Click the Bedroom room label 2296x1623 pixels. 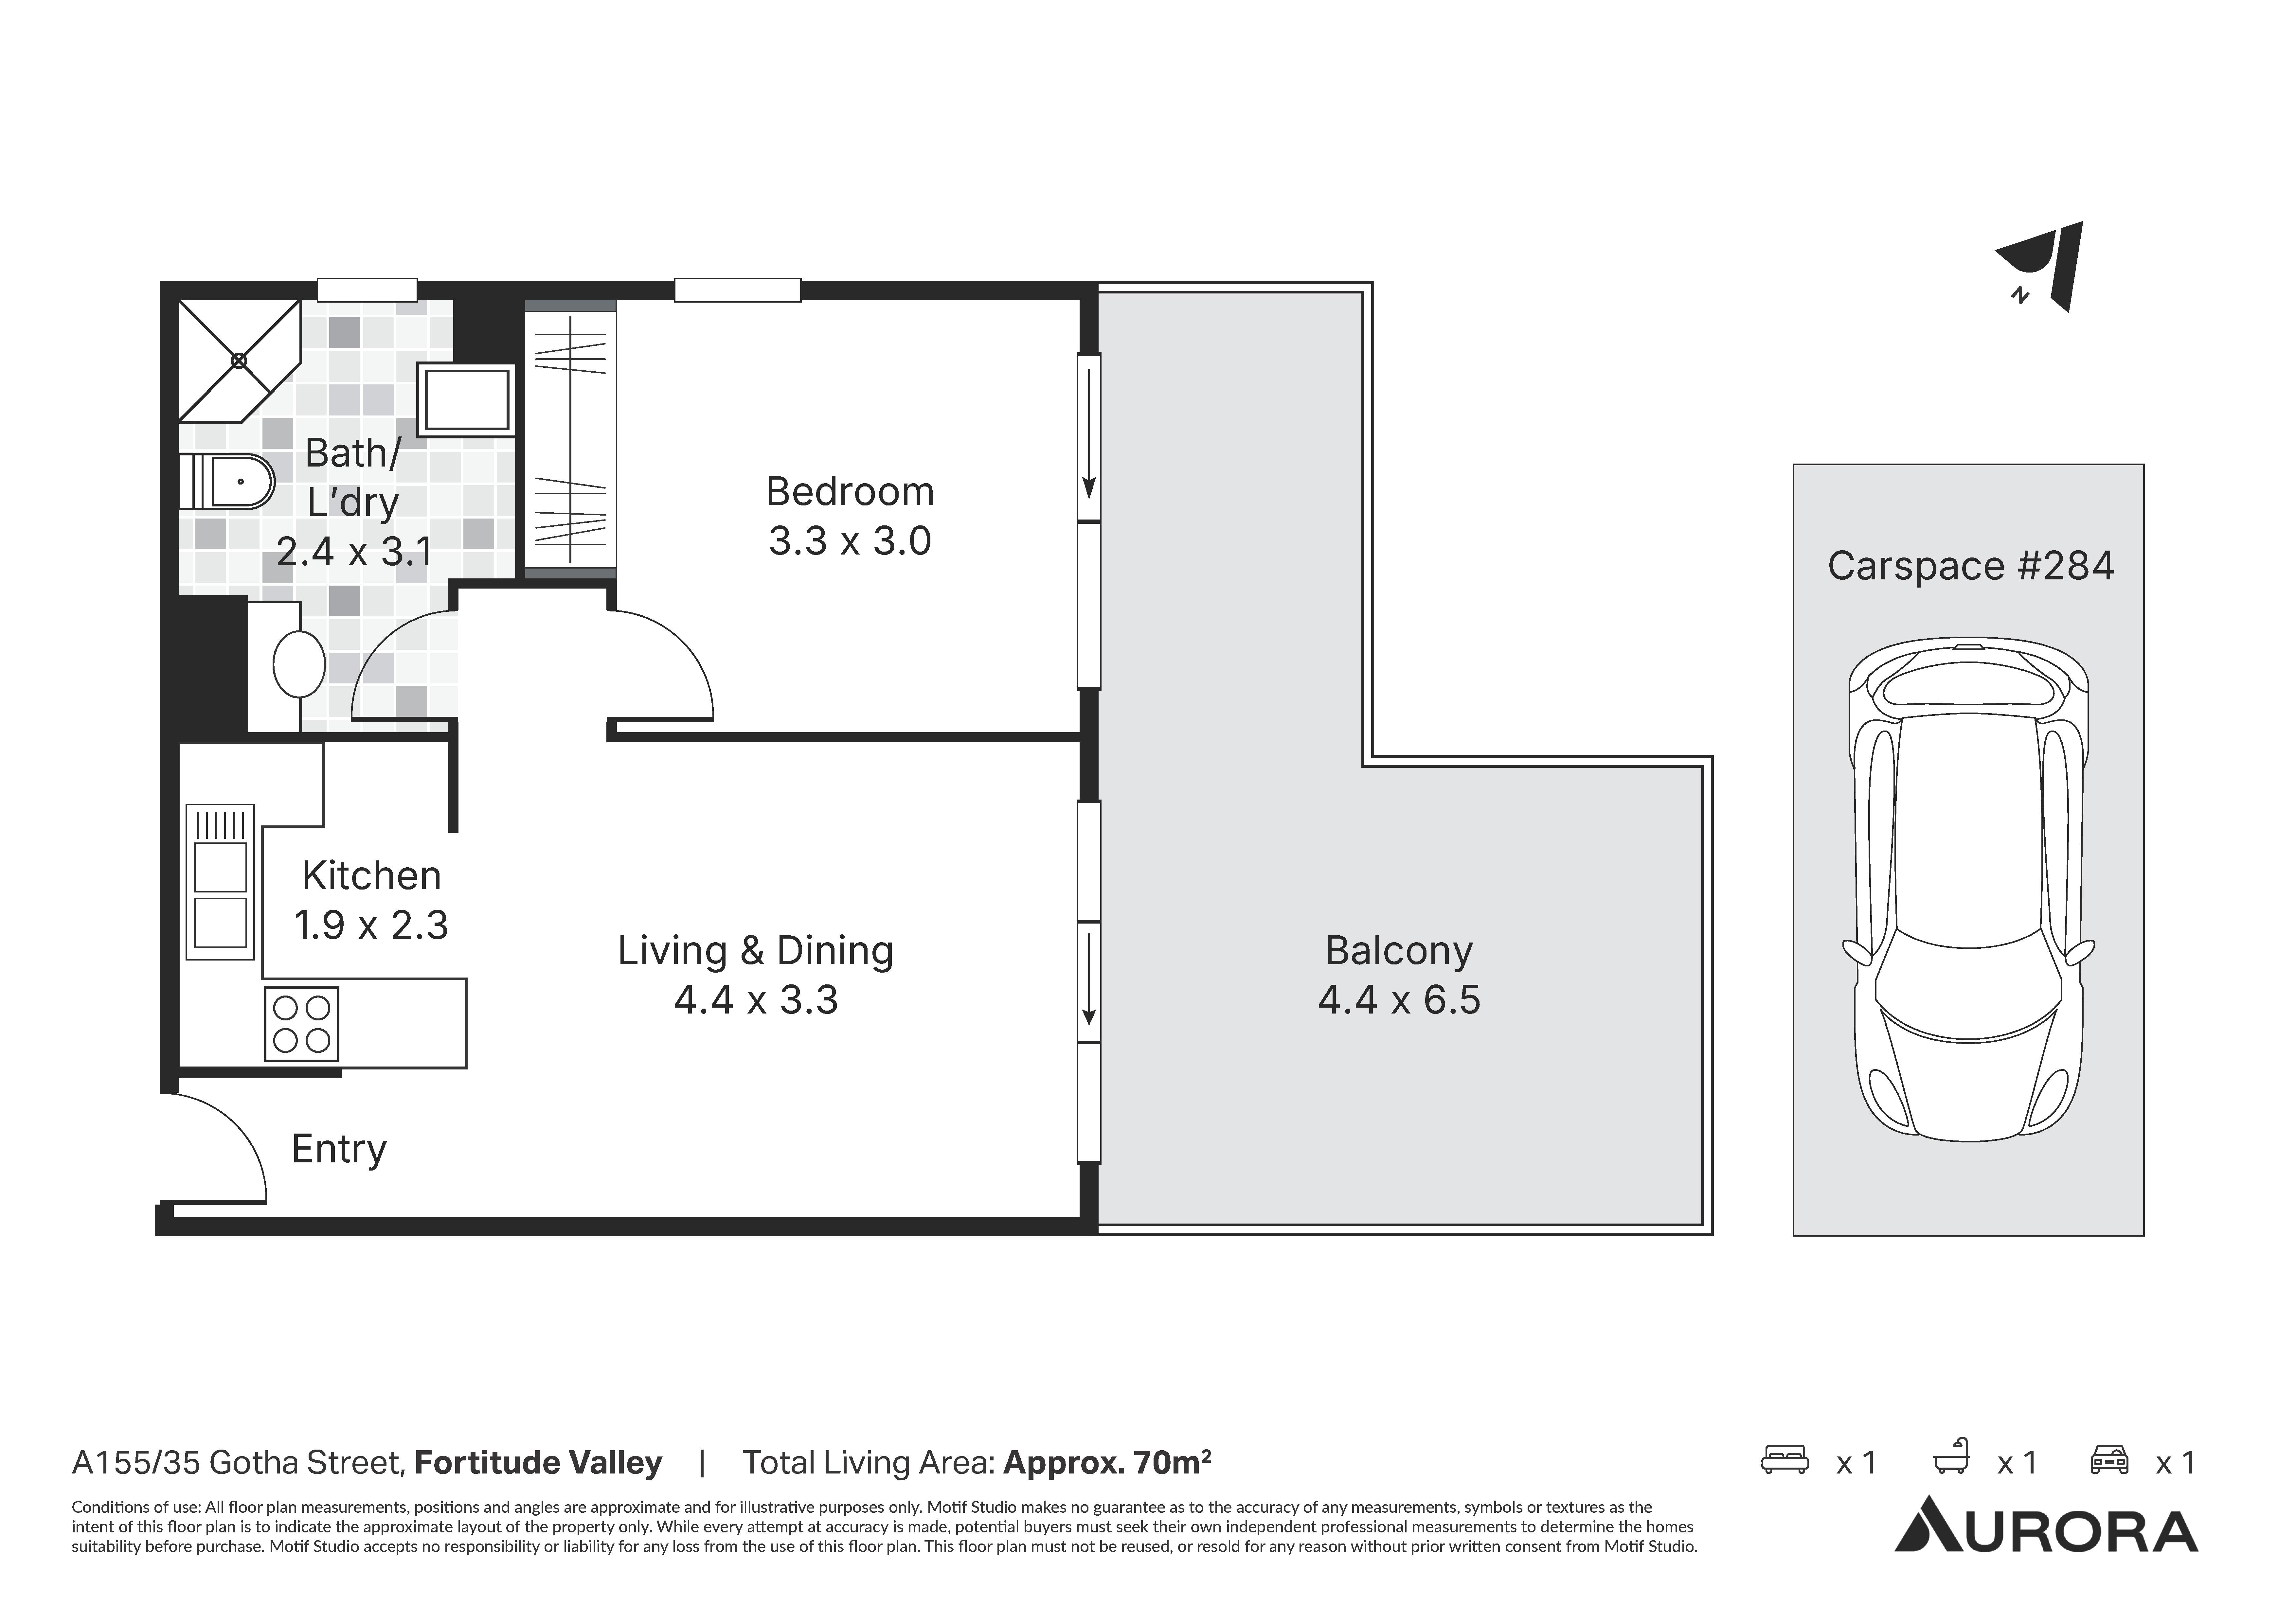click(x=850, y=492)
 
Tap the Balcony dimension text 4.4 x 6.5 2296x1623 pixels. click(x=1399, y=1000)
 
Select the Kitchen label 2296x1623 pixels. click(x=371, y=876)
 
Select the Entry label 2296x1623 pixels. click(x=339, y=1149)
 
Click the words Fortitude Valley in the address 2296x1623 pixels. click(x=538, y=1463)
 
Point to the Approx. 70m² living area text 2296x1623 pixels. click(x=1107, y=1463)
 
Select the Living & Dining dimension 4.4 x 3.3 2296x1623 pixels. click(x=756, y=1000)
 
